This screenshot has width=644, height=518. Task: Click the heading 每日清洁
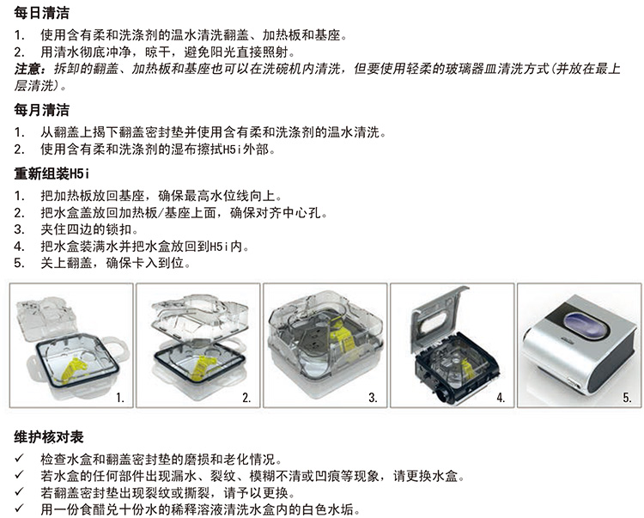(x=41, y=13)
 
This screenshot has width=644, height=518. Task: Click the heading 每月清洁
(x=41, y=110)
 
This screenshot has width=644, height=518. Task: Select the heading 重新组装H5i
(x=52, y=174)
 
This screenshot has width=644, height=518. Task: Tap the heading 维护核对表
(x=48, y=437)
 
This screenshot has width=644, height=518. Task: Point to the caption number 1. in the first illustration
(x=120, y=397)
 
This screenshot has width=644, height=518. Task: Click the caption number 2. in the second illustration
(x=246, y=397)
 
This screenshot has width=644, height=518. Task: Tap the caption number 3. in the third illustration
(x=373, y=397)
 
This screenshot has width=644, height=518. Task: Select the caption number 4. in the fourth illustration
(x=501, y=397)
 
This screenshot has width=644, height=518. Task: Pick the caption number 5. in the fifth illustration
(x=627, y=397)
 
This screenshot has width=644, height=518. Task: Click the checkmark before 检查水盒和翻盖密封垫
(x=19, y=458)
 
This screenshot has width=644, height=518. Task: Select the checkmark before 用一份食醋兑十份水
(x=19, y=509)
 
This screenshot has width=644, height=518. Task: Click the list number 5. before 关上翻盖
(x=19, y=263)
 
